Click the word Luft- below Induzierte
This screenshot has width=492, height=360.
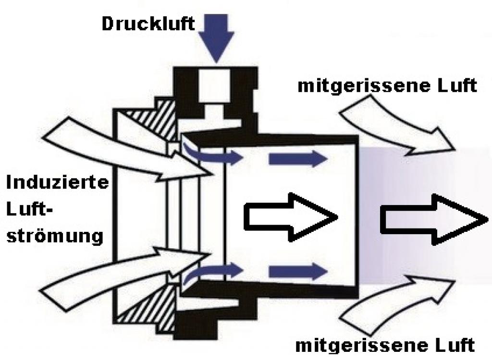pyautogui.click(x=32, y=209)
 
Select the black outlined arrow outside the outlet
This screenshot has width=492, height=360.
pyautogui.click(x=430, y=220)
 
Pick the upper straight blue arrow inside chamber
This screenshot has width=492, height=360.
pyautogui.click(x=295, y=158)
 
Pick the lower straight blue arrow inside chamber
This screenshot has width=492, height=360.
pyautogui.click(x=295, y=271)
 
